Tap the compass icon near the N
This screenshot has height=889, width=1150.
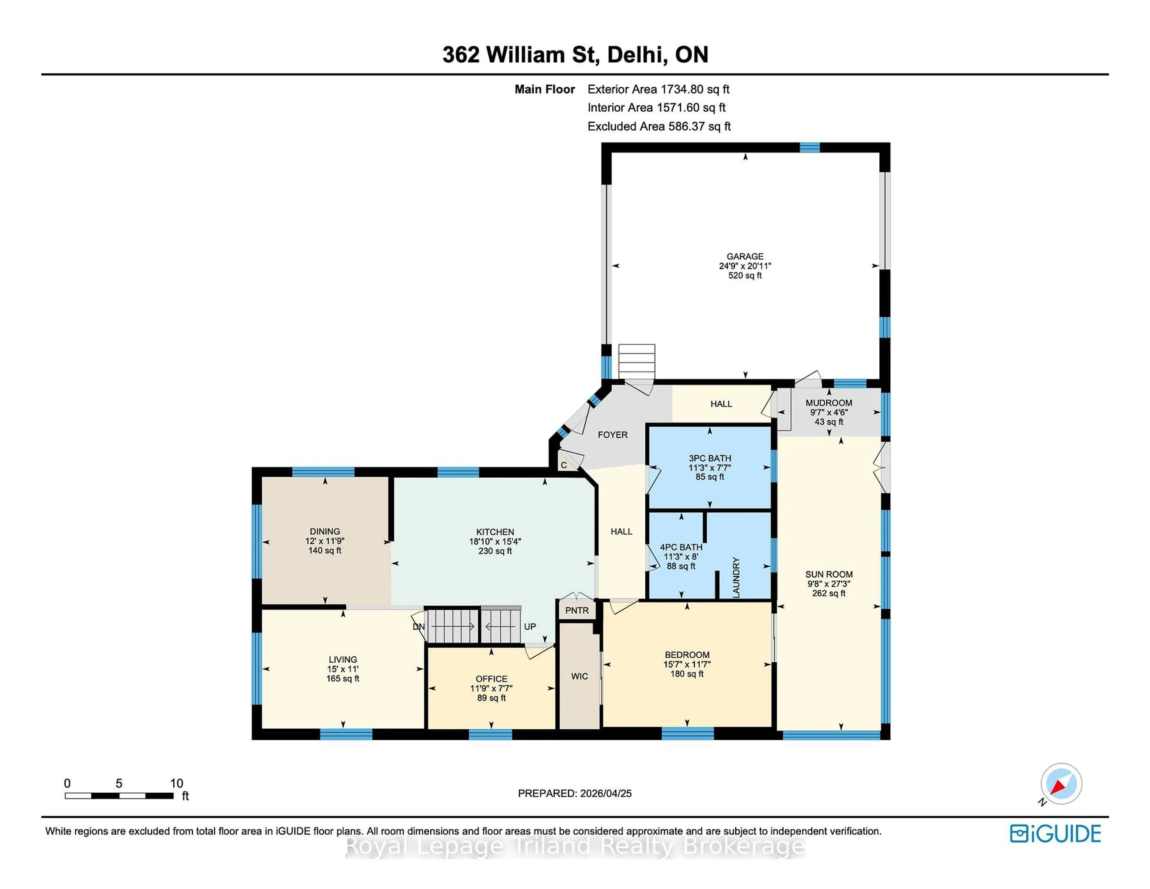(x=1061, y=784)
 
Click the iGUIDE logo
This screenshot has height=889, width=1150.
(x=1055, y=834)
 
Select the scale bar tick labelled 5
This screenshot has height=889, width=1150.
(x=119, y=784)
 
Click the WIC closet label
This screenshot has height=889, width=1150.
(x=579, y=676)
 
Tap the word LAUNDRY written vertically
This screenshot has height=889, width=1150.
(x=736, y=577)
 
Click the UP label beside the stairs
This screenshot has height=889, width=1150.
(x=530, y=627)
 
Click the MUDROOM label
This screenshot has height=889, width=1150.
(x=829, y=403)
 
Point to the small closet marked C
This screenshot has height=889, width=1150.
(x=563, y=465)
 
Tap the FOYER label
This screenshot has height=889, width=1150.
(x=612, y=435)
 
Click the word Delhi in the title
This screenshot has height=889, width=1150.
(x=635, y=55)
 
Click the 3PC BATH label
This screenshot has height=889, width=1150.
(x=710, y=458)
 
